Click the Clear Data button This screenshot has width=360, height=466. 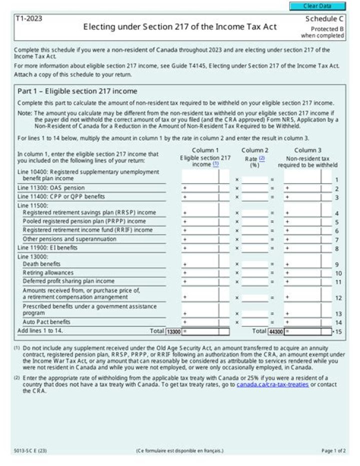pos(317,6)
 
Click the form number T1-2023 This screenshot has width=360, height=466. pos(28,19)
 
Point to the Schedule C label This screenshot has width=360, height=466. pos(324,19)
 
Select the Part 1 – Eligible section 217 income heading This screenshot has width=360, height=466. pos(77,91)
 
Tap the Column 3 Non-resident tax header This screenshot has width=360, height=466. pos(307,158)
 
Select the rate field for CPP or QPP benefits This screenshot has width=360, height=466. pos(255,197)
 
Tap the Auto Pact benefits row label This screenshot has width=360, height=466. pos(46,322)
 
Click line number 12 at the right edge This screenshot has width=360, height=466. pos(338,298)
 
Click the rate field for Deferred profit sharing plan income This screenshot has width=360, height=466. pos(255,282)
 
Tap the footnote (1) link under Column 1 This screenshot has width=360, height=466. pos(215,164)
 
